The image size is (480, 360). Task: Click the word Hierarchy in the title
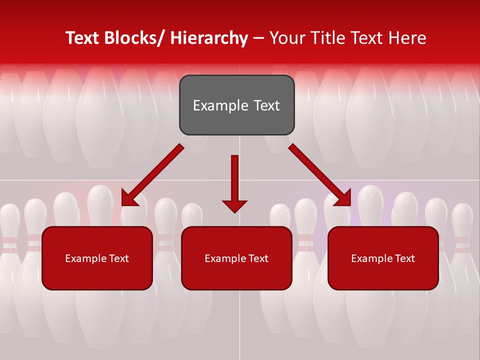pos(209,38)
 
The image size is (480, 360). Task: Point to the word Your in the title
pos(287,38)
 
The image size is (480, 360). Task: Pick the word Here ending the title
pos(407,38)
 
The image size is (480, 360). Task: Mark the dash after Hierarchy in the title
pos(258,38)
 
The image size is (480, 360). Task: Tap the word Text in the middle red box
pos(257,258)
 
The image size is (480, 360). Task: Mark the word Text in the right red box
pos(404,258)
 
